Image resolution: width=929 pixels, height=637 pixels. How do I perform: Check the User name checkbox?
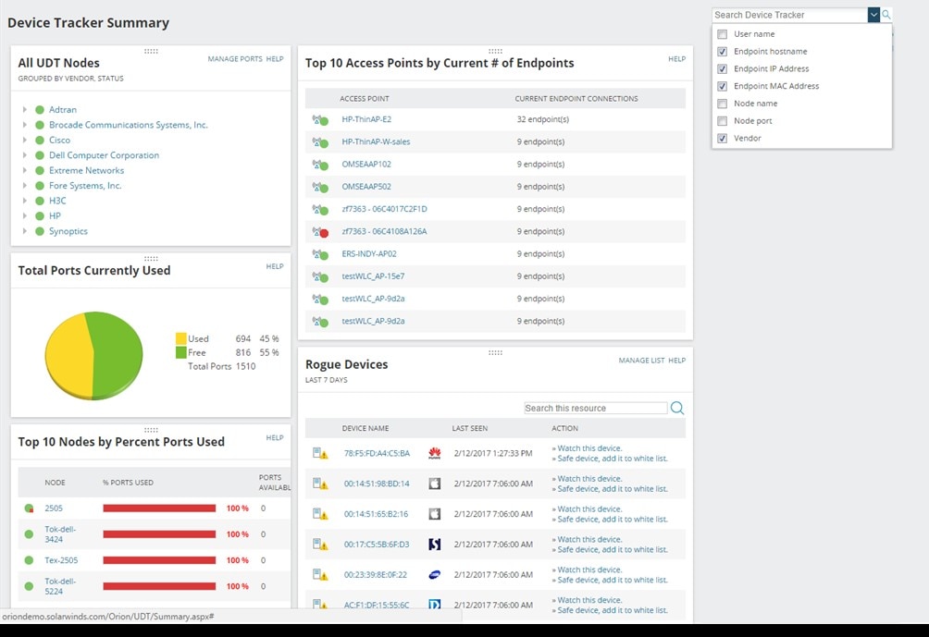click(723, 34)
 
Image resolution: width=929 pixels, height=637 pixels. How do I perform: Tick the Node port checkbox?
click(723, 121)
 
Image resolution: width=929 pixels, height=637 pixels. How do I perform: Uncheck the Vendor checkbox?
click(723, 139)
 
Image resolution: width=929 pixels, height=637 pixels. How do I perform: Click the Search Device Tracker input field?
click(789, 15)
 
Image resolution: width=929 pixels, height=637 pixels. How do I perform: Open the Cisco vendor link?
click(59, 141)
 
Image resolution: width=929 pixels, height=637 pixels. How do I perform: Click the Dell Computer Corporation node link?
click(104, 155)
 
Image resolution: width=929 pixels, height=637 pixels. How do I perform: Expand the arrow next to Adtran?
click(25, 110)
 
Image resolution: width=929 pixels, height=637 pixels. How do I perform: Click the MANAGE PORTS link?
click(235, 59)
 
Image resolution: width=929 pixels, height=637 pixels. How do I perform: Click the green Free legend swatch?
click(180, 353)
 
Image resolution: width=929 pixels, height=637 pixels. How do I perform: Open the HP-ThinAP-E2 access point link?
click(366, 119)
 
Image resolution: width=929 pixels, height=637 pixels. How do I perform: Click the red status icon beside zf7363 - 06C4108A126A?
click(323, 233)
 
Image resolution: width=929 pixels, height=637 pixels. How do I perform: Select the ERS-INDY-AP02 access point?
click(369, 254)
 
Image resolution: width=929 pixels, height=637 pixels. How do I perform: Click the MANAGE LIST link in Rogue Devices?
click(641, 361)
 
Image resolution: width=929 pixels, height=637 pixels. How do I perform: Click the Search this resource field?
click(595, 408)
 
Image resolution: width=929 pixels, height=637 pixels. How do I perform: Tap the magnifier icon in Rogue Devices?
click(677, 408)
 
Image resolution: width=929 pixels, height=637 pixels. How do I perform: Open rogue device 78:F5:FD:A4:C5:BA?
click(376, 454)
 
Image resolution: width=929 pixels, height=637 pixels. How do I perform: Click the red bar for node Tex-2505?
click(158, 560)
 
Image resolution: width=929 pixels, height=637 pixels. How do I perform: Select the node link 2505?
click(54, 508)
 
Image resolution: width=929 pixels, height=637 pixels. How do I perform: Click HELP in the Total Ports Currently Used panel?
click(275, 266)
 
